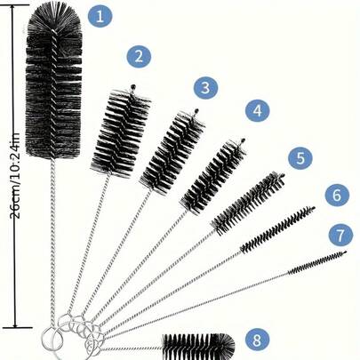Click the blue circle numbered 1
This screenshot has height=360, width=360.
(102, 15)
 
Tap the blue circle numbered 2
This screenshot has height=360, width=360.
(137, 57)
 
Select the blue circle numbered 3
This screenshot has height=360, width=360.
(205, 87)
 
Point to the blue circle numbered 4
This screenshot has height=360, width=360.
(256, 111)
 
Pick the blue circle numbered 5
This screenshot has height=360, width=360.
(300, 158)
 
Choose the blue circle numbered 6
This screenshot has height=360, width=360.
(336, 194)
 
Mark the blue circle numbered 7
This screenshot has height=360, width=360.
(340, 236)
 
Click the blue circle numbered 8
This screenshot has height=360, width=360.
(257, 340)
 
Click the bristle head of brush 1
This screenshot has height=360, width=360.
(54, 80)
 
